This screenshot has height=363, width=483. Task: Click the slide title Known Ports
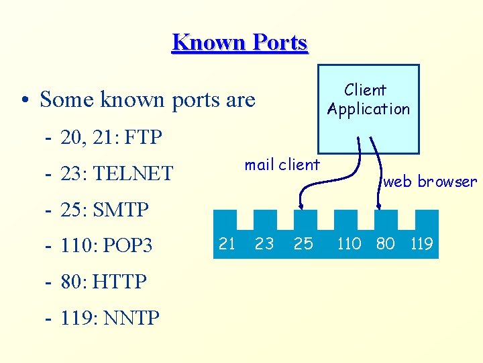click(239, 42)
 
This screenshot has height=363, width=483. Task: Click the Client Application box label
click(368, 99)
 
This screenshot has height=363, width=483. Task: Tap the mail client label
click(282, 165)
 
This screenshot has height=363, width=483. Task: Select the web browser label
click(430, 182)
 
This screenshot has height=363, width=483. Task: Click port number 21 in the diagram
click(227, 243)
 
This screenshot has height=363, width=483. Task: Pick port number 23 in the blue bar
click(264, 243)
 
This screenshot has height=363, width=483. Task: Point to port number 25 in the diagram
click(303, 243)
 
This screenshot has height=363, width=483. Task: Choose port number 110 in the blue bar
click(349, 243)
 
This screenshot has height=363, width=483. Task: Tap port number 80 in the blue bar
click(385, 243)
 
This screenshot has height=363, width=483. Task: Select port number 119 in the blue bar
click(421, 243)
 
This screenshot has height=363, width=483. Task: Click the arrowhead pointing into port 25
click(303, 206)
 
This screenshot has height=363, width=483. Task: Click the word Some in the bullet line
click(66, 100)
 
